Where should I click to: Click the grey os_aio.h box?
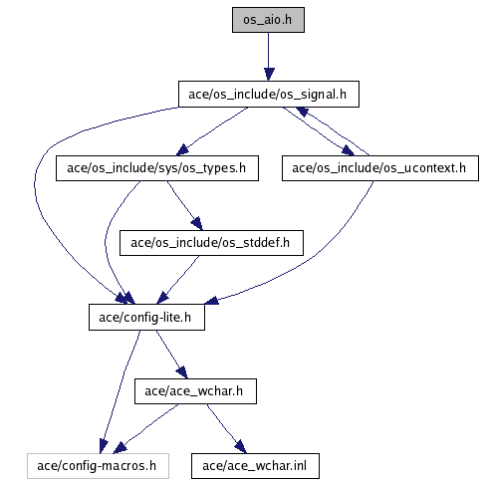[x=268, y=20]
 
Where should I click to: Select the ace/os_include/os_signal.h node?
[x=269, y=94]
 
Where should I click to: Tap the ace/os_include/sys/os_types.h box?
[x=157, y=168]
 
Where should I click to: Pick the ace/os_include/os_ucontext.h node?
[x=380, y=168]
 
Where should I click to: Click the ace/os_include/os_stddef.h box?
[x=211, y=243]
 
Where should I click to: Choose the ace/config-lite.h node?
[x=146, y=318]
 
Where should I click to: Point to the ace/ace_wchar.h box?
[x=195, y=391]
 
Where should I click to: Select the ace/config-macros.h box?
[x=98, y=466]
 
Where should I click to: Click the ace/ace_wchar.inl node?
[x=255, y=466]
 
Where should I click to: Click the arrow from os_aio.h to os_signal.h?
[x=269, y=57]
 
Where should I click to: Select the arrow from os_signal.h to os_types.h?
[x=212, y=130]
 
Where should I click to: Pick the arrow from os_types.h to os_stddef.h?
[x=184, y=205]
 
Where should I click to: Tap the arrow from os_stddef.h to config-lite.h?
[x=178, y=280]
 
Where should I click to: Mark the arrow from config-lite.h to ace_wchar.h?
[x=171, y=355]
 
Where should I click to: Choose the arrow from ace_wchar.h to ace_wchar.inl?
[x=226, y=428]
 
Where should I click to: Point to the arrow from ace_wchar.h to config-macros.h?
[x=146, y=428]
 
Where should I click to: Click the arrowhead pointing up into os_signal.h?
[x=302, y=112]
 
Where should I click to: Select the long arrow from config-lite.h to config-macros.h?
[x=121, y=391]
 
